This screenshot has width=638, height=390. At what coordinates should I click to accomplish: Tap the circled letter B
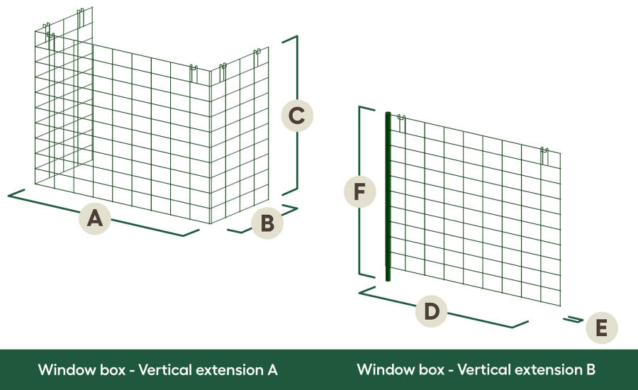coord(267,223)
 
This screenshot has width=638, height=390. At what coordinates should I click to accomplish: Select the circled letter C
coord(298,116)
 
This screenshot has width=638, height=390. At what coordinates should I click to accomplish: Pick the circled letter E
coord(601,328)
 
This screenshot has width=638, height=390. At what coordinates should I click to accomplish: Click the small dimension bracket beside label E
coord(573,320)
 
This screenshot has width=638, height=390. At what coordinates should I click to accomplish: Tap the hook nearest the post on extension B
coord(401,122)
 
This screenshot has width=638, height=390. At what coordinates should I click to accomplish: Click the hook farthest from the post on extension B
coord(544,153)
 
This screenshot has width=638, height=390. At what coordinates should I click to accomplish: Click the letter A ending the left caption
coord(272,369)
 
